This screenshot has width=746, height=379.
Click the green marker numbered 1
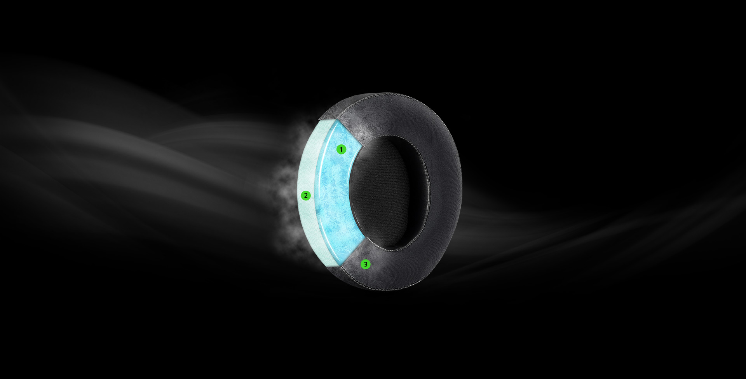click(x=341, y=149)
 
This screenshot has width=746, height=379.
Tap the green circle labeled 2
click(x=306, y=195)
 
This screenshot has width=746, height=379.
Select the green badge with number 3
click(x=365, y=264)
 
